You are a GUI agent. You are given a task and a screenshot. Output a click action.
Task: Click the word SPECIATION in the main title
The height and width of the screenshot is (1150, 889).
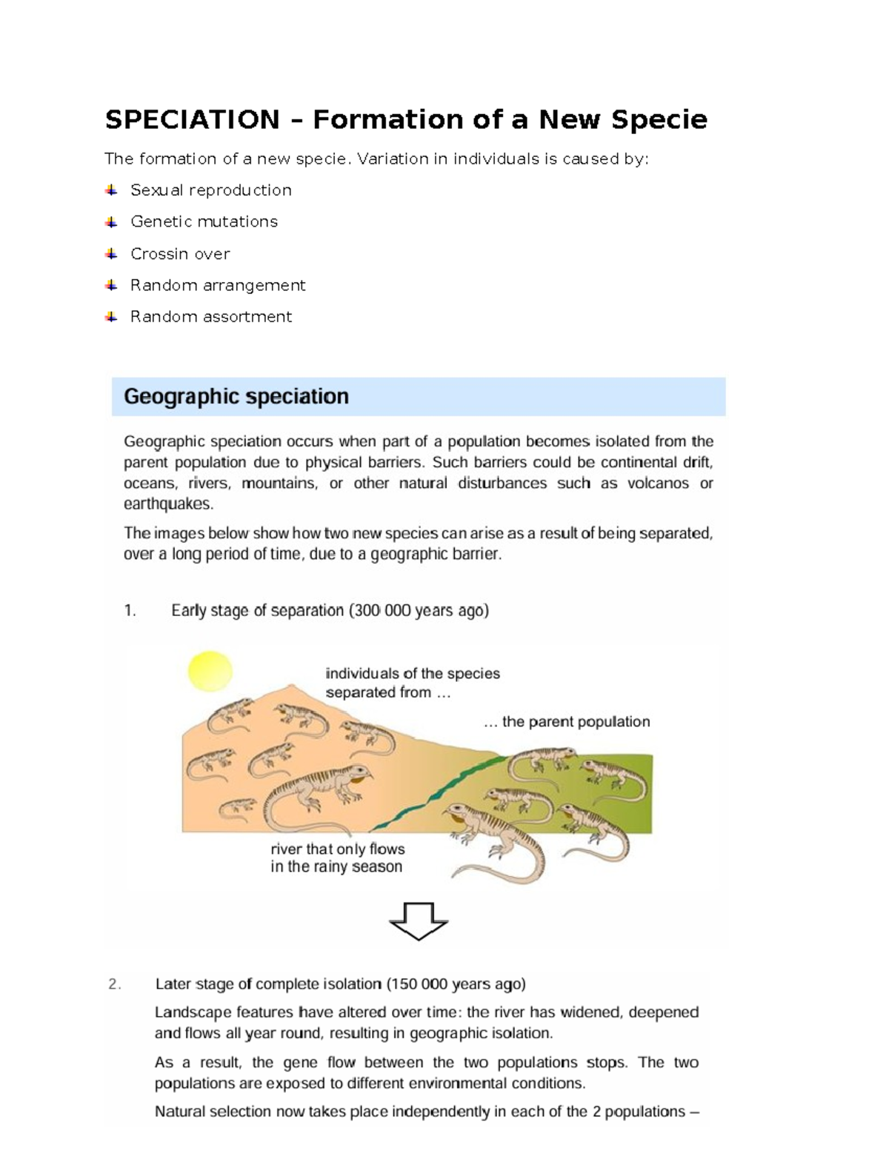193,119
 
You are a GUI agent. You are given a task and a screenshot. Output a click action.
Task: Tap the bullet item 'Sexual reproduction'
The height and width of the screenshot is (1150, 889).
210,190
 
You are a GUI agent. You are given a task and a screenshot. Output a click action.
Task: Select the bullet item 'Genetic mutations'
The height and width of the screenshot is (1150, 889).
204,221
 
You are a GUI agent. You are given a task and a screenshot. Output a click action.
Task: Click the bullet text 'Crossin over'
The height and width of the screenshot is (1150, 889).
180,254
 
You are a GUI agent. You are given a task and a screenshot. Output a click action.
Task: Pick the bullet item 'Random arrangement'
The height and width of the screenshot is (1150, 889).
218,285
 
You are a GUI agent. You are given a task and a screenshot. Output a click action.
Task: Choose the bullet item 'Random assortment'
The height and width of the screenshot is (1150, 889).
211,317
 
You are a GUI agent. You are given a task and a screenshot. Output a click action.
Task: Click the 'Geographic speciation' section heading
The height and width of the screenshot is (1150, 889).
236,397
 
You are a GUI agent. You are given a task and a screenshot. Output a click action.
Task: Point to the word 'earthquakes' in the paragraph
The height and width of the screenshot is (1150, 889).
167,504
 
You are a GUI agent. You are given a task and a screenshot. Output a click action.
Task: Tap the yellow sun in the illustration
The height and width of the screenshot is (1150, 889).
210,671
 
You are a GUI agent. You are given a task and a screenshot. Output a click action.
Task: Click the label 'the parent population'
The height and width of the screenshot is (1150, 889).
576,722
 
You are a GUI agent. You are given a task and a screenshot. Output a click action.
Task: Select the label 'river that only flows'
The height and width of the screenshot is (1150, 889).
337,849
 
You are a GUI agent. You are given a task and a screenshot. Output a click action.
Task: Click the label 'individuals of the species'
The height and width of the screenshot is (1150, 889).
413,674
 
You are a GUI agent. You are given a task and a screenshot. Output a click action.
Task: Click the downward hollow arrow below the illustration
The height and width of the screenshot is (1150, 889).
419,920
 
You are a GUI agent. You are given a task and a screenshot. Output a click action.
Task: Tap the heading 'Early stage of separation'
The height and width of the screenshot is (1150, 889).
257,611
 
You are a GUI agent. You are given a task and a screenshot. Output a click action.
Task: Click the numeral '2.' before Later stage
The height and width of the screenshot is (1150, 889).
114,984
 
